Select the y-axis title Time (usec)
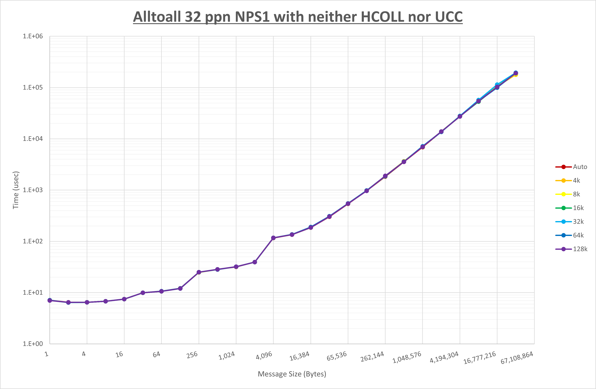click(16, 190)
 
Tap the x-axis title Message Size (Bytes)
click(292, 374)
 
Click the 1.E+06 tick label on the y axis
click(33, 36)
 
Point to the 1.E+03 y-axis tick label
click(33, 190)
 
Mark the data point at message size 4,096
click(273, 238)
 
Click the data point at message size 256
click(199, 272)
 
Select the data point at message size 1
click(50, 300)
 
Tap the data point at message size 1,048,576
click(422, 147)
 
